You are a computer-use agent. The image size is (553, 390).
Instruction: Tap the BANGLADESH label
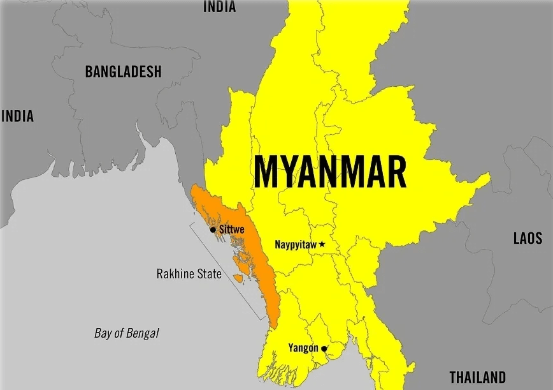(x=124, y=71)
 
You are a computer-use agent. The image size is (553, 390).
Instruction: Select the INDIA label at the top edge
(x=219, y=7)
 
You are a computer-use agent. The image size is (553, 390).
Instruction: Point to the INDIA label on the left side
(x=17, y=116)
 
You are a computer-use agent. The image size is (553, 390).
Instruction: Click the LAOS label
(x=528, y=238)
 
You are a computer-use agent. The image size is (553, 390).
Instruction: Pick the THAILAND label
(x=477, y=377)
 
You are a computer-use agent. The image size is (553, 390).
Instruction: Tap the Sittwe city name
(x=231, y=229)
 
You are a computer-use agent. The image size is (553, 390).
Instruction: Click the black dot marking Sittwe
(x=213, y=229)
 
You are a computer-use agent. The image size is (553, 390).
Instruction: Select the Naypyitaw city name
(x=296, y=244)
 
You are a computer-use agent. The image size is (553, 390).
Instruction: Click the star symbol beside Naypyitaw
(x=322, y=244)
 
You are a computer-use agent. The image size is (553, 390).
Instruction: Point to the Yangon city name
(x=303, y=348)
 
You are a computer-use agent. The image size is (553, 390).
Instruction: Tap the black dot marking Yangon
(x=324, y=349)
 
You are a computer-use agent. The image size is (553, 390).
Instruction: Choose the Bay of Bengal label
(x=127, y=333)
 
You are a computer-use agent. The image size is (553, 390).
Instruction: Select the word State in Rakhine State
(x=208, y=274)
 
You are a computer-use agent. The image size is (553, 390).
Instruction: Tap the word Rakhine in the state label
(x=175, y=274)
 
